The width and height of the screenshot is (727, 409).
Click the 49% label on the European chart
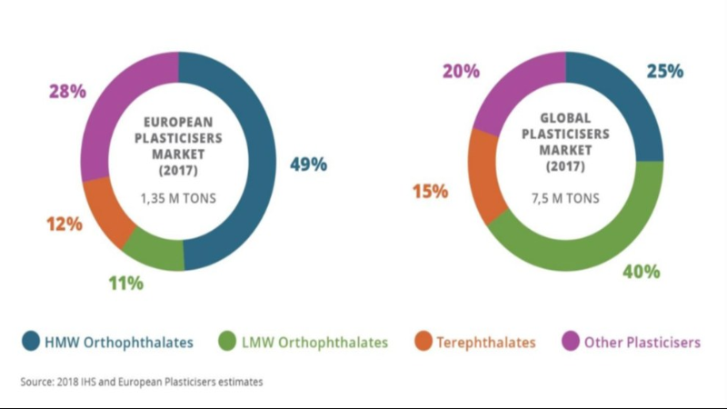click(309, 165)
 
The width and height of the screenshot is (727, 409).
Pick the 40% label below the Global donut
click(642, 271)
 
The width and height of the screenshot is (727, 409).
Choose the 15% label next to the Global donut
click(429, 191)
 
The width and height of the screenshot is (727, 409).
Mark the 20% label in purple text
click(461, 71)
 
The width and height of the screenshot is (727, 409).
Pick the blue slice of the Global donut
click(627, 100)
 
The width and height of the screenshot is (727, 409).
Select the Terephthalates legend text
click(486, 343)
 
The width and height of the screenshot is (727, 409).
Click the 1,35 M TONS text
click(178, 197)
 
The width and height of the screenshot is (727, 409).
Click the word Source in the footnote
click(35, 382)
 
